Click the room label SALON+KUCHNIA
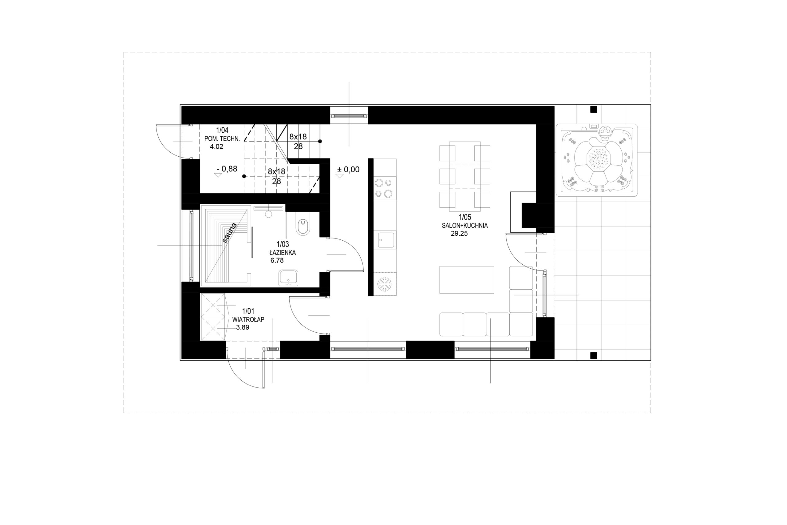(465, 226)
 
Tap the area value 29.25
(459, 234)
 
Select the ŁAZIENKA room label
(283, 252)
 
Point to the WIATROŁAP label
(248, 319)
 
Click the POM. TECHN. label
(222, 138)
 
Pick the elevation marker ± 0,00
(348, 170)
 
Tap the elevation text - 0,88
(227, 169)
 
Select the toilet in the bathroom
(303, 227)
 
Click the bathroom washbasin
(288, 278)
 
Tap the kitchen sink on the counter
(386, 240)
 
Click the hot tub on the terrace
(596, 160)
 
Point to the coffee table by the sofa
(467, 279)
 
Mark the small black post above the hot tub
(594, 110)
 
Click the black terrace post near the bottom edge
(594, 355)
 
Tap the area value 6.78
(277, 260)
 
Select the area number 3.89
(243, 327)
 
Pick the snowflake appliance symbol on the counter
(385, 284)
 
